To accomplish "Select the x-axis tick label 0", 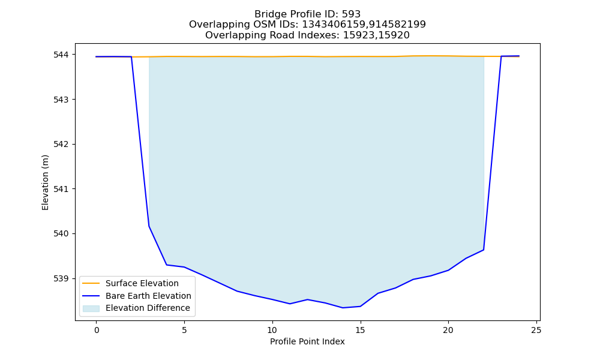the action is coord(97,330).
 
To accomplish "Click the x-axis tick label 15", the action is coord(360,330).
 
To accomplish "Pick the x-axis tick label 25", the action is coord(536,330).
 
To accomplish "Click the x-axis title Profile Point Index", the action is coord(307,341).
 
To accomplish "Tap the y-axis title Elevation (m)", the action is coord(45,182).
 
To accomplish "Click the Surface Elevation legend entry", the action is coord(142,283).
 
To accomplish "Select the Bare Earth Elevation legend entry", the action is coord(148,296).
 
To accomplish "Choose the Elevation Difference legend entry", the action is coord(148,308).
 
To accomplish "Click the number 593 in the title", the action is coord(352,14).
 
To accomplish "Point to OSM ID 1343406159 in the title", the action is coord(335,25).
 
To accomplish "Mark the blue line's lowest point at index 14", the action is coord(343,308).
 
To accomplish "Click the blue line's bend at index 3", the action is coord(149,226).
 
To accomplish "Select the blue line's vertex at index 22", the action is coord(484,250).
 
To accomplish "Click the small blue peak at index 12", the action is coord(307,299).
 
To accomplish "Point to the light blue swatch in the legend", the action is coord(91,308).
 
